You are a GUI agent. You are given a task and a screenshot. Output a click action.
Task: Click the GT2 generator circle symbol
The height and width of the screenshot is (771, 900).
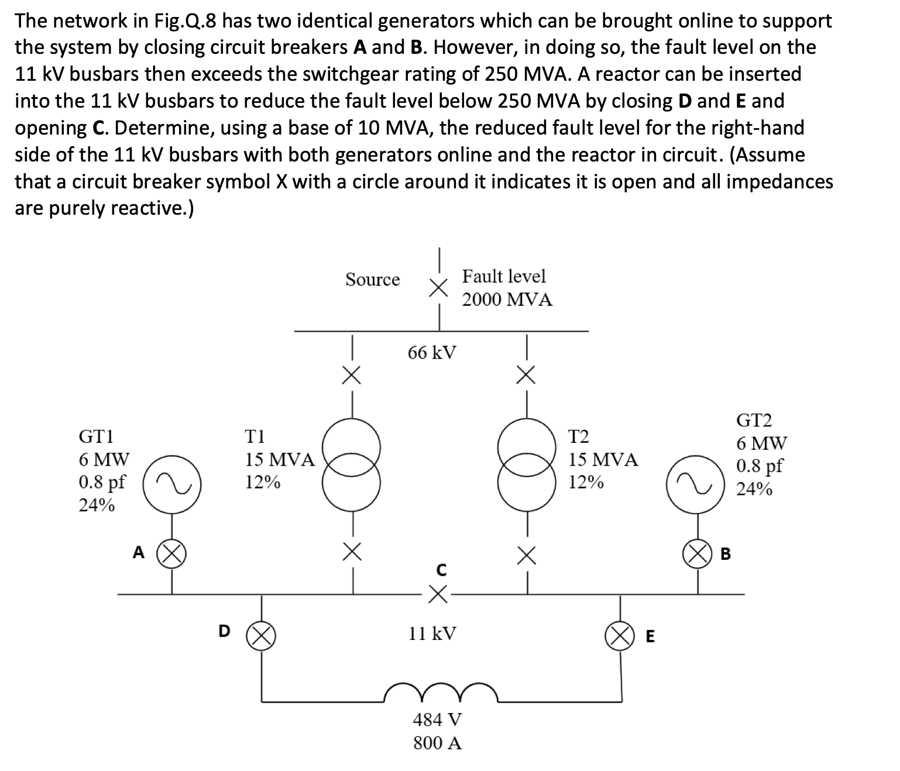pos(696,481)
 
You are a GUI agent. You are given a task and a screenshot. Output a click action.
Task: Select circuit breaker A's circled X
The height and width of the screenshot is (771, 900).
pos(171,553)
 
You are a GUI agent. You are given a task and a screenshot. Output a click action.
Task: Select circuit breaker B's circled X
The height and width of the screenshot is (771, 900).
pos(696,553)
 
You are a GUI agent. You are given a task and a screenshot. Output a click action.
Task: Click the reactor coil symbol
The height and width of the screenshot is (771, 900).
pos(441,693)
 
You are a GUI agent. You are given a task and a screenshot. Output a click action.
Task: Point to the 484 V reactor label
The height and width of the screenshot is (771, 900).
pos(437,719)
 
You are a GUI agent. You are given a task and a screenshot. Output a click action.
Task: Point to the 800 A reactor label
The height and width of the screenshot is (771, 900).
pos(437,743)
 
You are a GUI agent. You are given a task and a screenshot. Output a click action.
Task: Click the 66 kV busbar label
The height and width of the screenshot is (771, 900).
pos(432,353)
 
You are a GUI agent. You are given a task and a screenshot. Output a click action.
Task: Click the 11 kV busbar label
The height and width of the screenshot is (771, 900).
pos(432,633)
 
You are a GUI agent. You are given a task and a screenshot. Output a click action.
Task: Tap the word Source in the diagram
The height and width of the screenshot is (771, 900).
pos(372,280)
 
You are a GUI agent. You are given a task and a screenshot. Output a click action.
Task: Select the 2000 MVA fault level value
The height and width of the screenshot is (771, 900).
pos(507,300)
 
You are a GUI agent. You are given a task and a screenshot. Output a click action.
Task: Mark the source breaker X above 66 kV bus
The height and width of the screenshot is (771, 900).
pos(438,287)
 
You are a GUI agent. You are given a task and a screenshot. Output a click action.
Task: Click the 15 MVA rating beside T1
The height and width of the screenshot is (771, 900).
pos(279,460)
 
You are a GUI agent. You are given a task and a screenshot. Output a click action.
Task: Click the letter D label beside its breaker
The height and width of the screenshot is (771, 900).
pos(224,631)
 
